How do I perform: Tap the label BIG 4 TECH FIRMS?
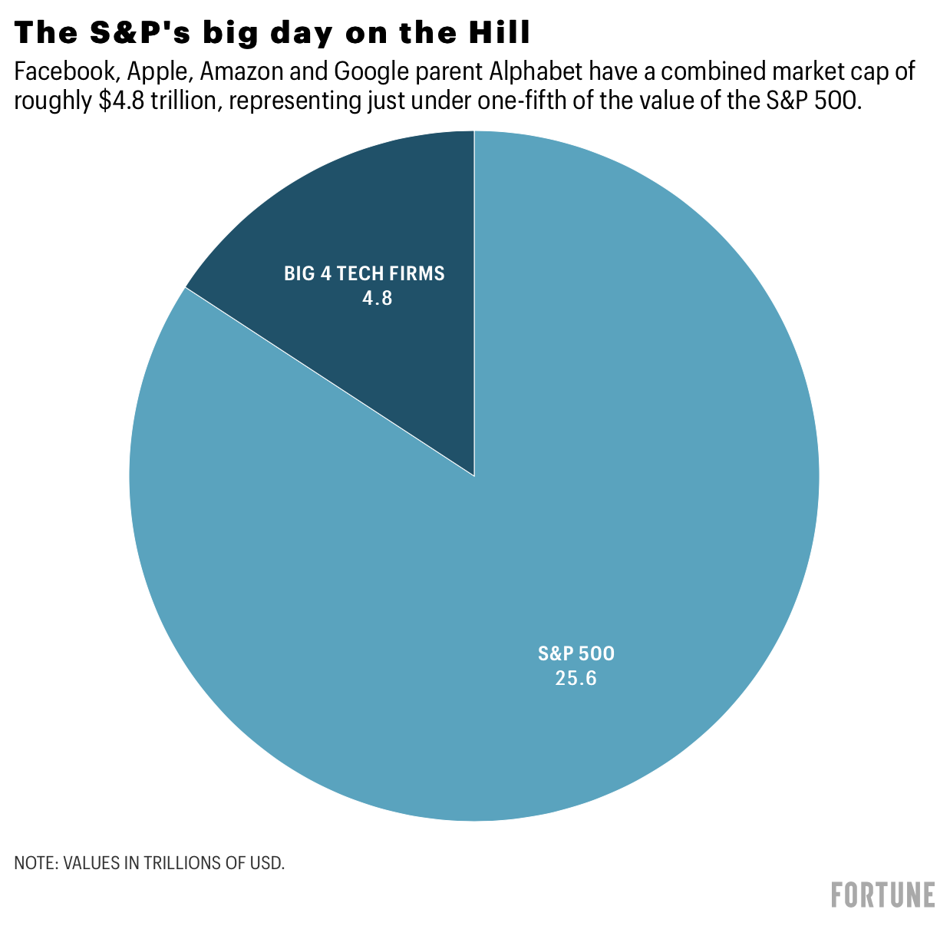pyautogui.click(x=364, y=273)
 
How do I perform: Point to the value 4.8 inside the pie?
pyautogui.click(x=377, y=298)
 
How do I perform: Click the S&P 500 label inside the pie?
pyautogui.click(x=576, y=654)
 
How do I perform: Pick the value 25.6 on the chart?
pyautogui.click(x=576, y=679)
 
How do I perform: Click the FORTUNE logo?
pyautogui.click(x=883, y=895)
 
